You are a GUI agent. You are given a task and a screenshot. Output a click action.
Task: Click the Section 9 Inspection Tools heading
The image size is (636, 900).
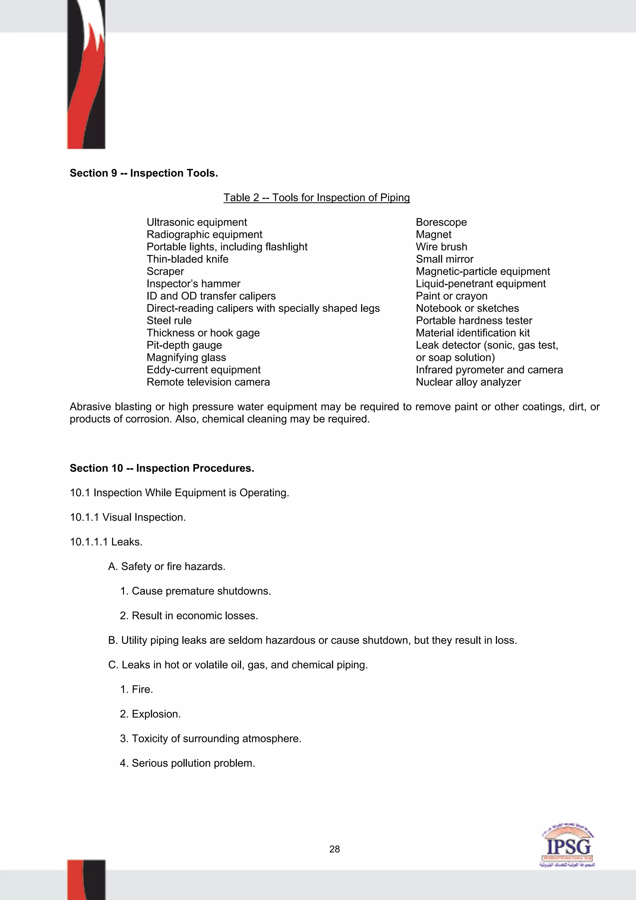click(143, 173)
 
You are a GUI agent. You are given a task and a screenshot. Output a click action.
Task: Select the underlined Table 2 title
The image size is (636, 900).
click(317, 198)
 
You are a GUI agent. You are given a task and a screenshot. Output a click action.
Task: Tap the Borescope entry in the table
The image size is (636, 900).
click(441, 222)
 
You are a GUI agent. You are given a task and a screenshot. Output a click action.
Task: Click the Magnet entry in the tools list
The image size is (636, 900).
click(434, 235)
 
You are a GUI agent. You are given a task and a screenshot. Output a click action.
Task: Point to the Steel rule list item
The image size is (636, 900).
click(169, 321)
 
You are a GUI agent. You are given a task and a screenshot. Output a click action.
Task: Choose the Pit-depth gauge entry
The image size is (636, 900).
click(184, 345)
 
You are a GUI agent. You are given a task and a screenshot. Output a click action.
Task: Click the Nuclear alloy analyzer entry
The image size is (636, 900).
click(468, 382)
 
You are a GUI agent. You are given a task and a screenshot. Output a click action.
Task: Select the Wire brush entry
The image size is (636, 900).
click(441, 247)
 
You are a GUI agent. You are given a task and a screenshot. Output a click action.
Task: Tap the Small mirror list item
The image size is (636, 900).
click(444, 259)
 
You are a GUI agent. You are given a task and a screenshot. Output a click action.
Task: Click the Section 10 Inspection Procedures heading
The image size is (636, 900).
click(162, 468)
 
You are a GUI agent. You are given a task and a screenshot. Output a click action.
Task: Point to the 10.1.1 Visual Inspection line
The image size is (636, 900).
click(128, 518)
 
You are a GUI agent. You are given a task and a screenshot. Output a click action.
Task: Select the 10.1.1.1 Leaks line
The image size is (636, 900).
click(106, 542)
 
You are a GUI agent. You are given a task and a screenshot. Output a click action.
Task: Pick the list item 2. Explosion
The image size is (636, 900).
click(150, 714)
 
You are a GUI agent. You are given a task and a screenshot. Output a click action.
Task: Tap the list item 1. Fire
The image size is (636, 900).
click(136, 689)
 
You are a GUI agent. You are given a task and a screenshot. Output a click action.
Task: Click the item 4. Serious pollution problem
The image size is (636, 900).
click(187, 763)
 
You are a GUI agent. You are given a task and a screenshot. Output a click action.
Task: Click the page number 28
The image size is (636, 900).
click(334, 849)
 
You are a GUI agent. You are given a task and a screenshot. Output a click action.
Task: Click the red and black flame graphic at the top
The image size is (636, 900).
click(86, 75)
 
